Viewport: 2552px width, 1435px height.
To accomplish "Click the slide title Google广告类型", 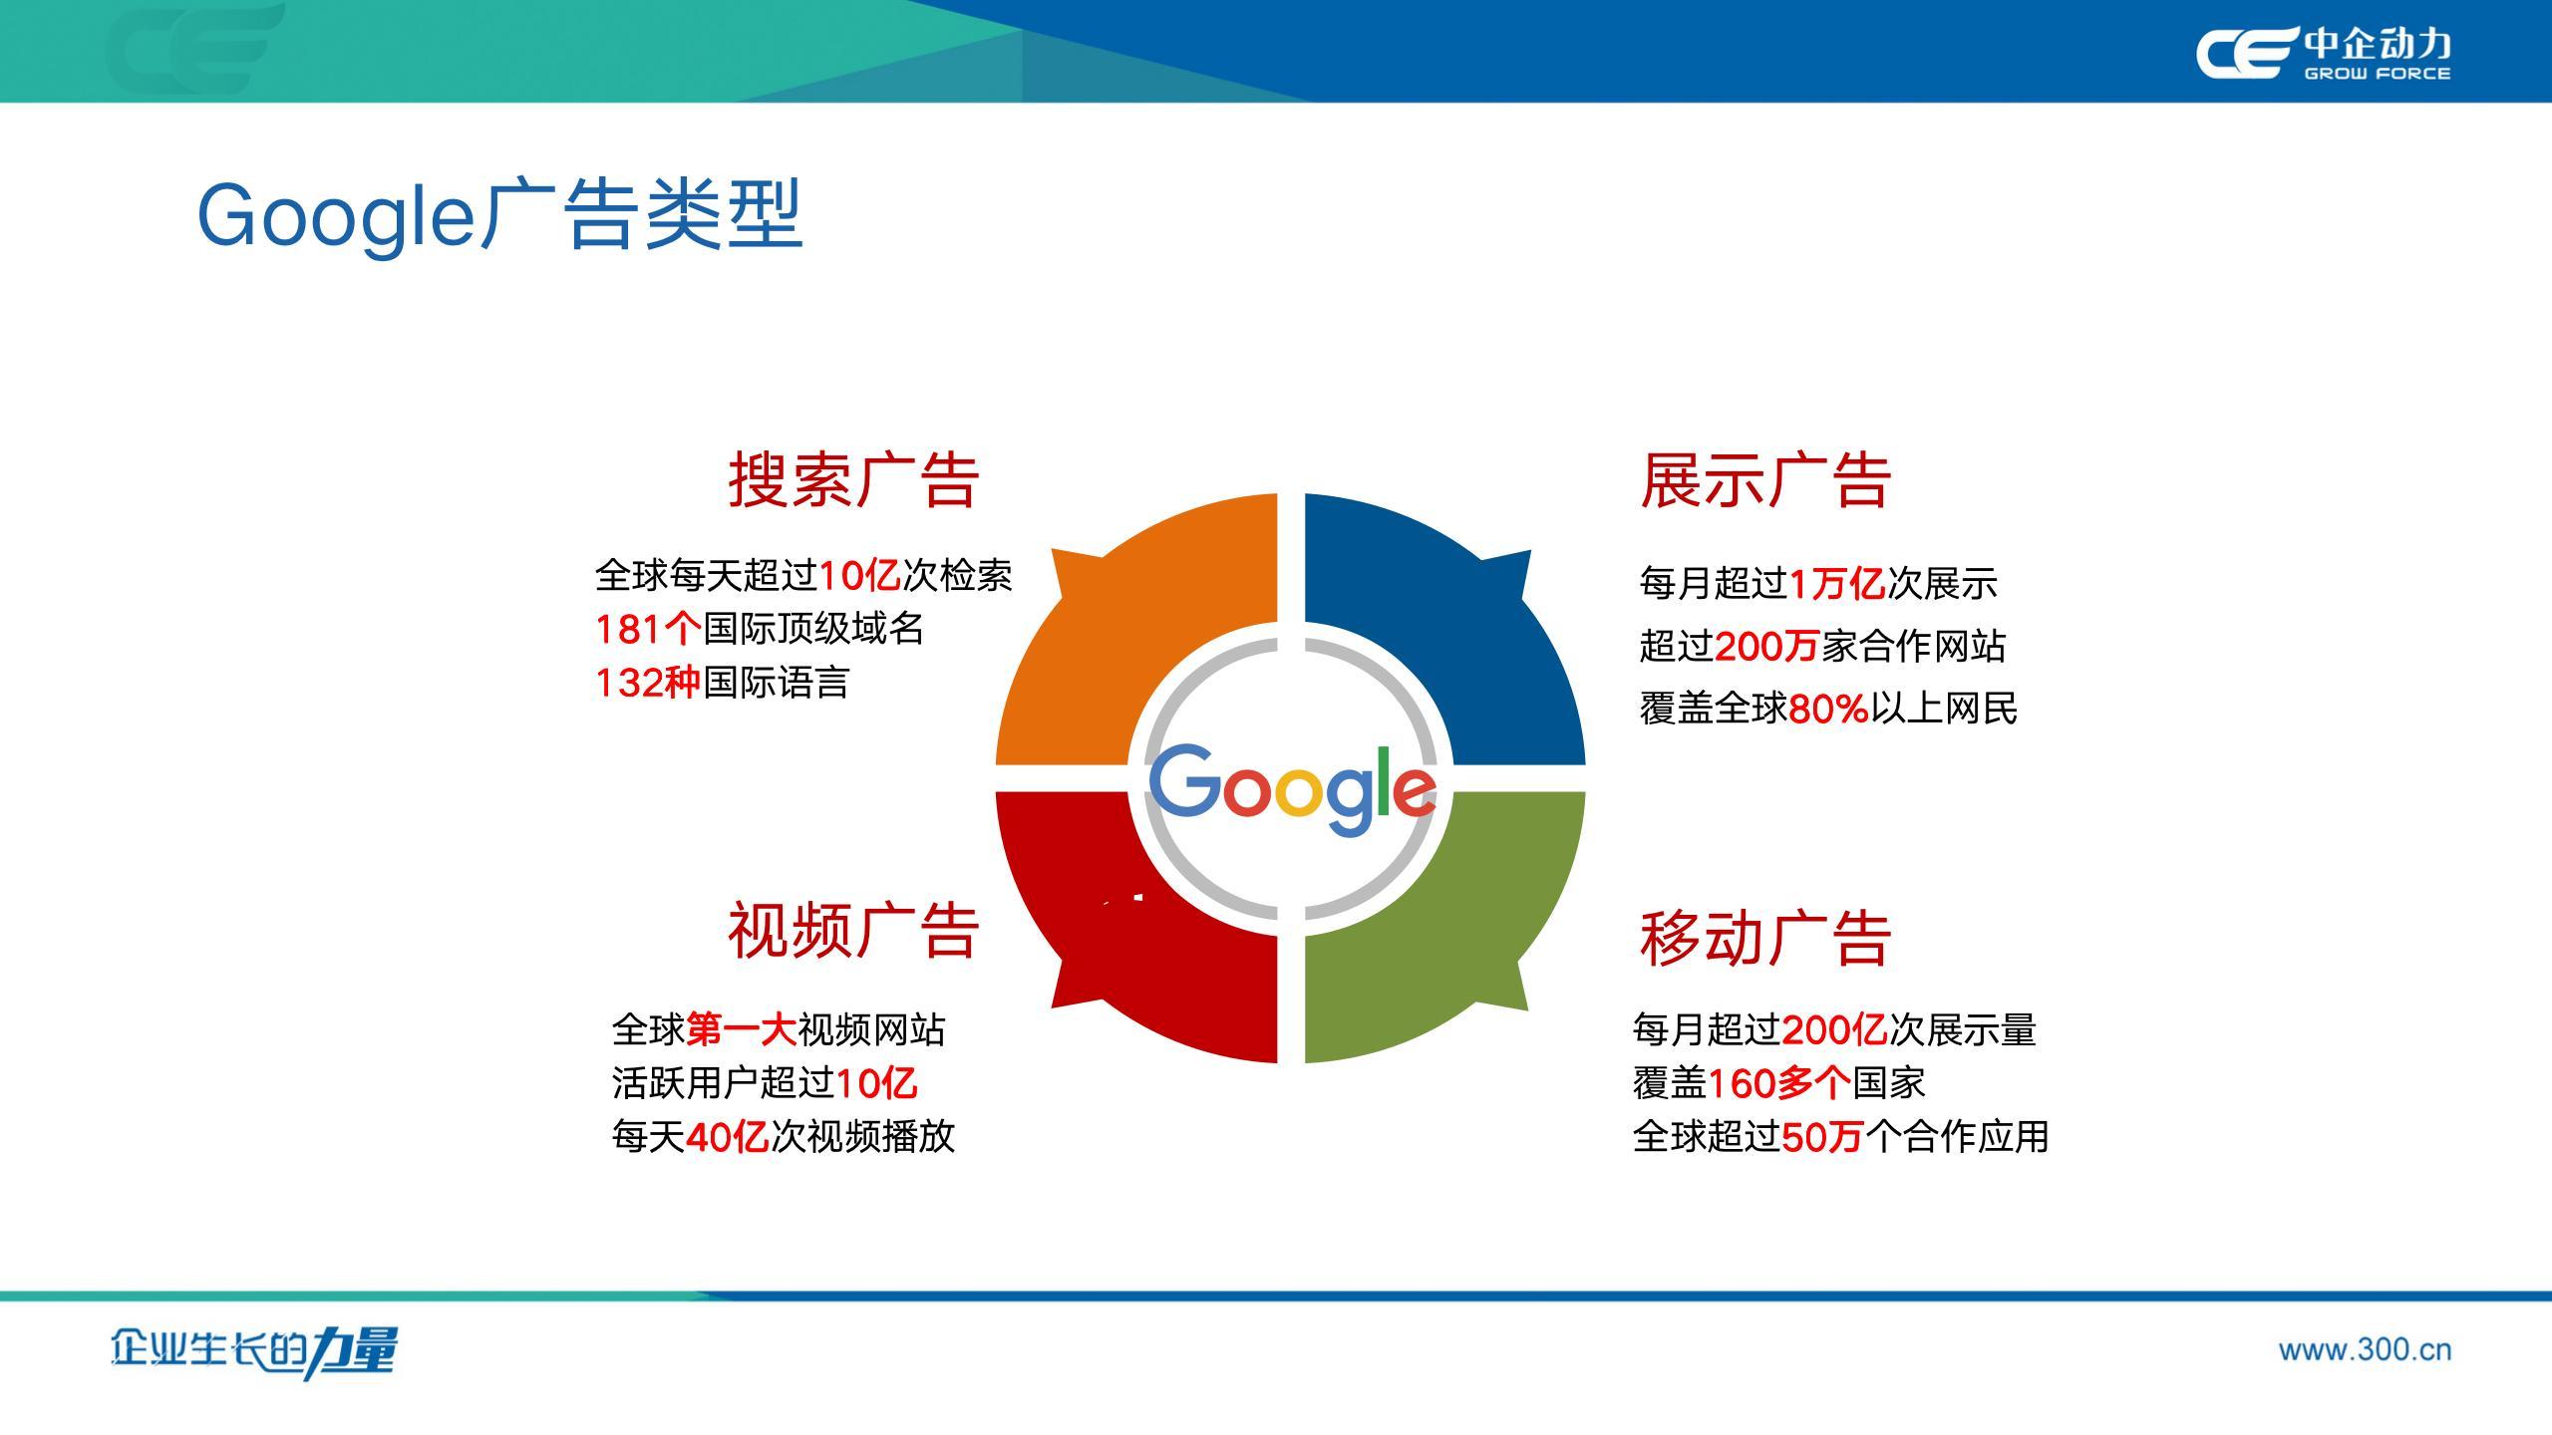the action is point(499,215).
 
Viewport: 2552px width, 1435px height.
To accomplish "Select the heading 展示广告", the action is point(1765,480).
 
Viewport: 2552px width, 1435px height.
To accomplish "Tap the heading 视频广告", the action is point(853,930).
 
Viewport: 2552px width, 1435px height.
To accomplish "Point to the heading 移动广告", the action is point(1765,938).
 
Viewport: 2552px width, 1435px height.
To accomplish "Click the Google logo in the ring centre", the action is point(1292,787).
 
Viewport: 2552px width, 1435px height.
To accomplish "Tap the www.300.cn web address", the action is point(2365,1350).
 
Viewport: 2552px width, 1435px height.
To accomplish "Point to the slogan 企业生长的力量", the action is point(254,1352).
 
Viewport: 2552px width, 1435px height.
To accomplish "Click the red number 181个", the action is point(648,629).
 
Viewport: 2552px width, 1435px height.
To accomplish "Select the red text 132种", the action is point(648,683).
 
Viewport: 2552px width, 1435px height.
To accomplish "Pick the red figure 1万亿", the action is point(1837,584).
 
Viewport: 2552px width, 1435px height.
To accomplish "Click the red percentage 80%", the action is point(1828,709).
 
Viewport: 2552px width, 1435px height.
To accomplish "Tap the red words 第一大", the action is point(741,1029).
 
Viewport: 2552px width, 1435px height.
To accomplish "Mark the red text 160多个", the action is point(1779,1083).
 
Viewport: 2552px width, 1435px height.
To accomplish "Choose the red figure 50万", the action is point(1822,1137).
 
